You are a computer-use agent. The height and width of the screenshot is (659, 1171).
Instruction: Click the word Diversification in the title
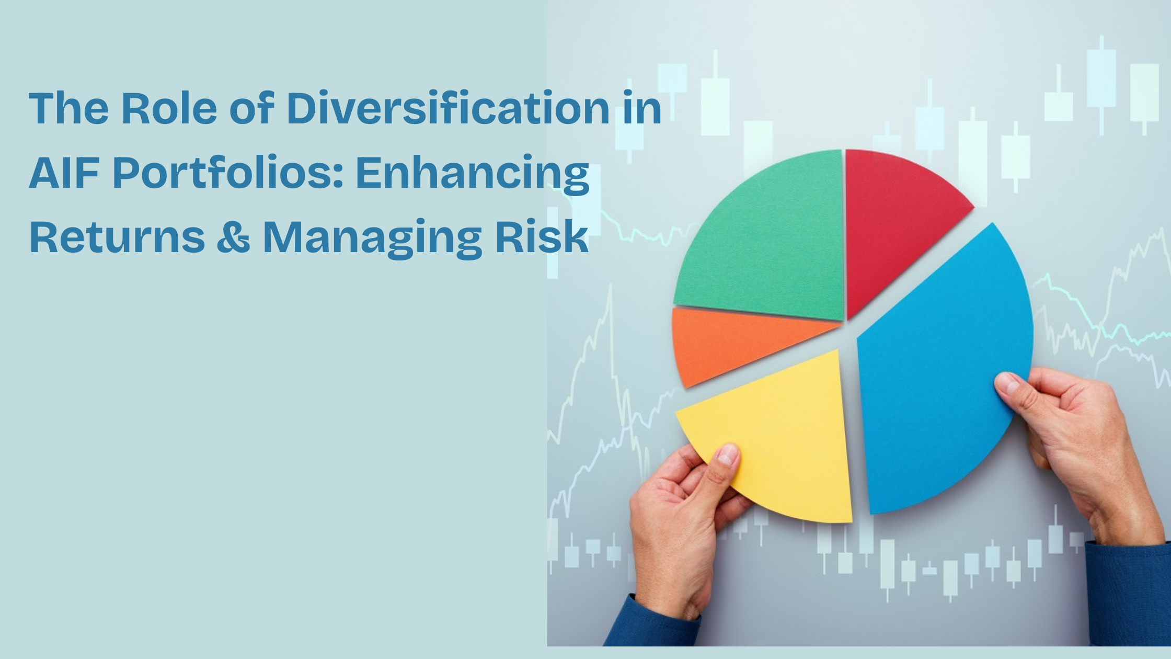click(x=449, y=108)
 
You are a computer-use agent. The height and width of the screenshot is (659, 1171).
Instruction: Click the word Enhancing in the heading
click(x=473, y=174)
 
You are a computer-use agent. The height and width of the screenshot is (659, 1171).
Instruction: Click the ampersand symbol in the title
click(x=233, y=237)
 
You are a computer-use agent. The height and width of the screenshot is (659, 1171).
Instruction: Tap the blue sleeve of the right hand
click(x=1132, y=596)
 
